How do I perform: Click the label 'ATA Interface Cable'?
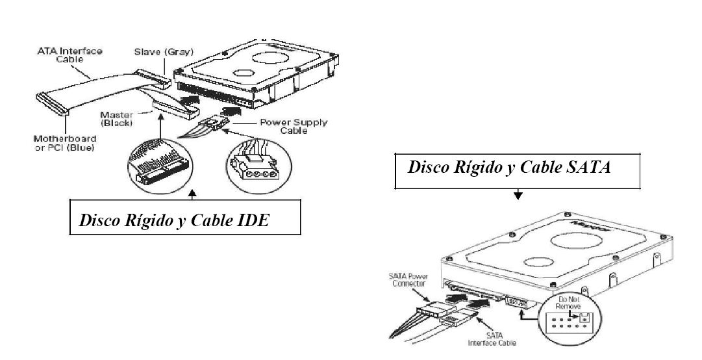coord(69,55)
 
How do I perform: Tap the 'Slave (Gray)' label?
coord(164,52)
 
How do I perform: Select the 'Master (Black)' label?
coord(117,118)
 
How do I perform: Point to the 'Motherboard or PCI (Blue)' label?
coord(65,142)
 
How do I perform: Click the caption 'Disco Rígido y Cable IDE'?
coord(174,221)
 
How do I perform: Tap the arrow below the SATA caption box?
coord(518,196)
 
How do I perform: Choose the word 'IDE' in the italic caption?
coord(255,221)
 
